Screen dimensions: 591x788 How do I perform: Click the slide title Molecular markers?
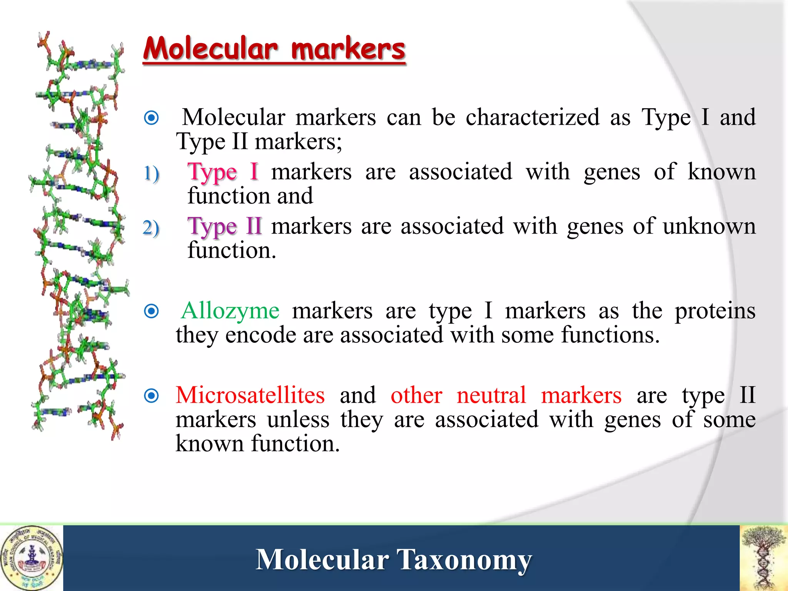274,49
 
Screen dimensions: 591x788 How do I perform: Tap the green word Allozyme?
230,311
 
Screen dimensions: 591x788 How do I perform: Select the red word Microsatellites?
250,396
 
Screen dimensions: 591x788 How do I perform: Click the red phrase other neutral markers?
506,396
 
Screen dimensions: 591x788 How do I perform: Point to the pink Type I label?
222,172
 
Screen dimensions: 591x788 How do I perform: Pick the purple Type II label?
225,226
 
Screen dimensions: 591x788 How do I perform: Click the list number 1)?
151,173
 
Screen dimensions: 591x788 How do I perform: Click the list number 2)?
151,227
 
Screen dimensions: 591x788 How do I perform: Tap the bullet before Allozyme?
151,311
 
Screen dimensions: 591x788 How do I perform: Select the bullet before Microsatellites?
151,396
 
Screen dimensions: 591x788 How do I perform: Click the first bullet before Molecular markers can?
151,118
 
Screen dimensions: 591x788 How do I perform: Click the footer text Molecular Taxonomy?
394,559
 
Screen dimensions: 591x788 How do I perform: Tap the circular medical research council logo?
32,558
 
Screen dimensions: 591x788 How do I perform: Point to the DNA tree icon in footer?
763,558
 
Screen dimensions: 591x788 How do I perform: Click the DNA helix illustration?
79,235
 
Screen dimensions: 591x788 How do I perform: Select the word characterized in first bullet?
533,118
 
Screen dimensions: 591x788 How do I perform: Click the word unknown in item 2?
709,226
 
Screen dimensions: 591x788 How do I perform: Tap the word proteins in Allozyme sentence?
715,311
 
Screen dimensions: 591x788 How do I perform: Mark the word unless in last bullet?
298,420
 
